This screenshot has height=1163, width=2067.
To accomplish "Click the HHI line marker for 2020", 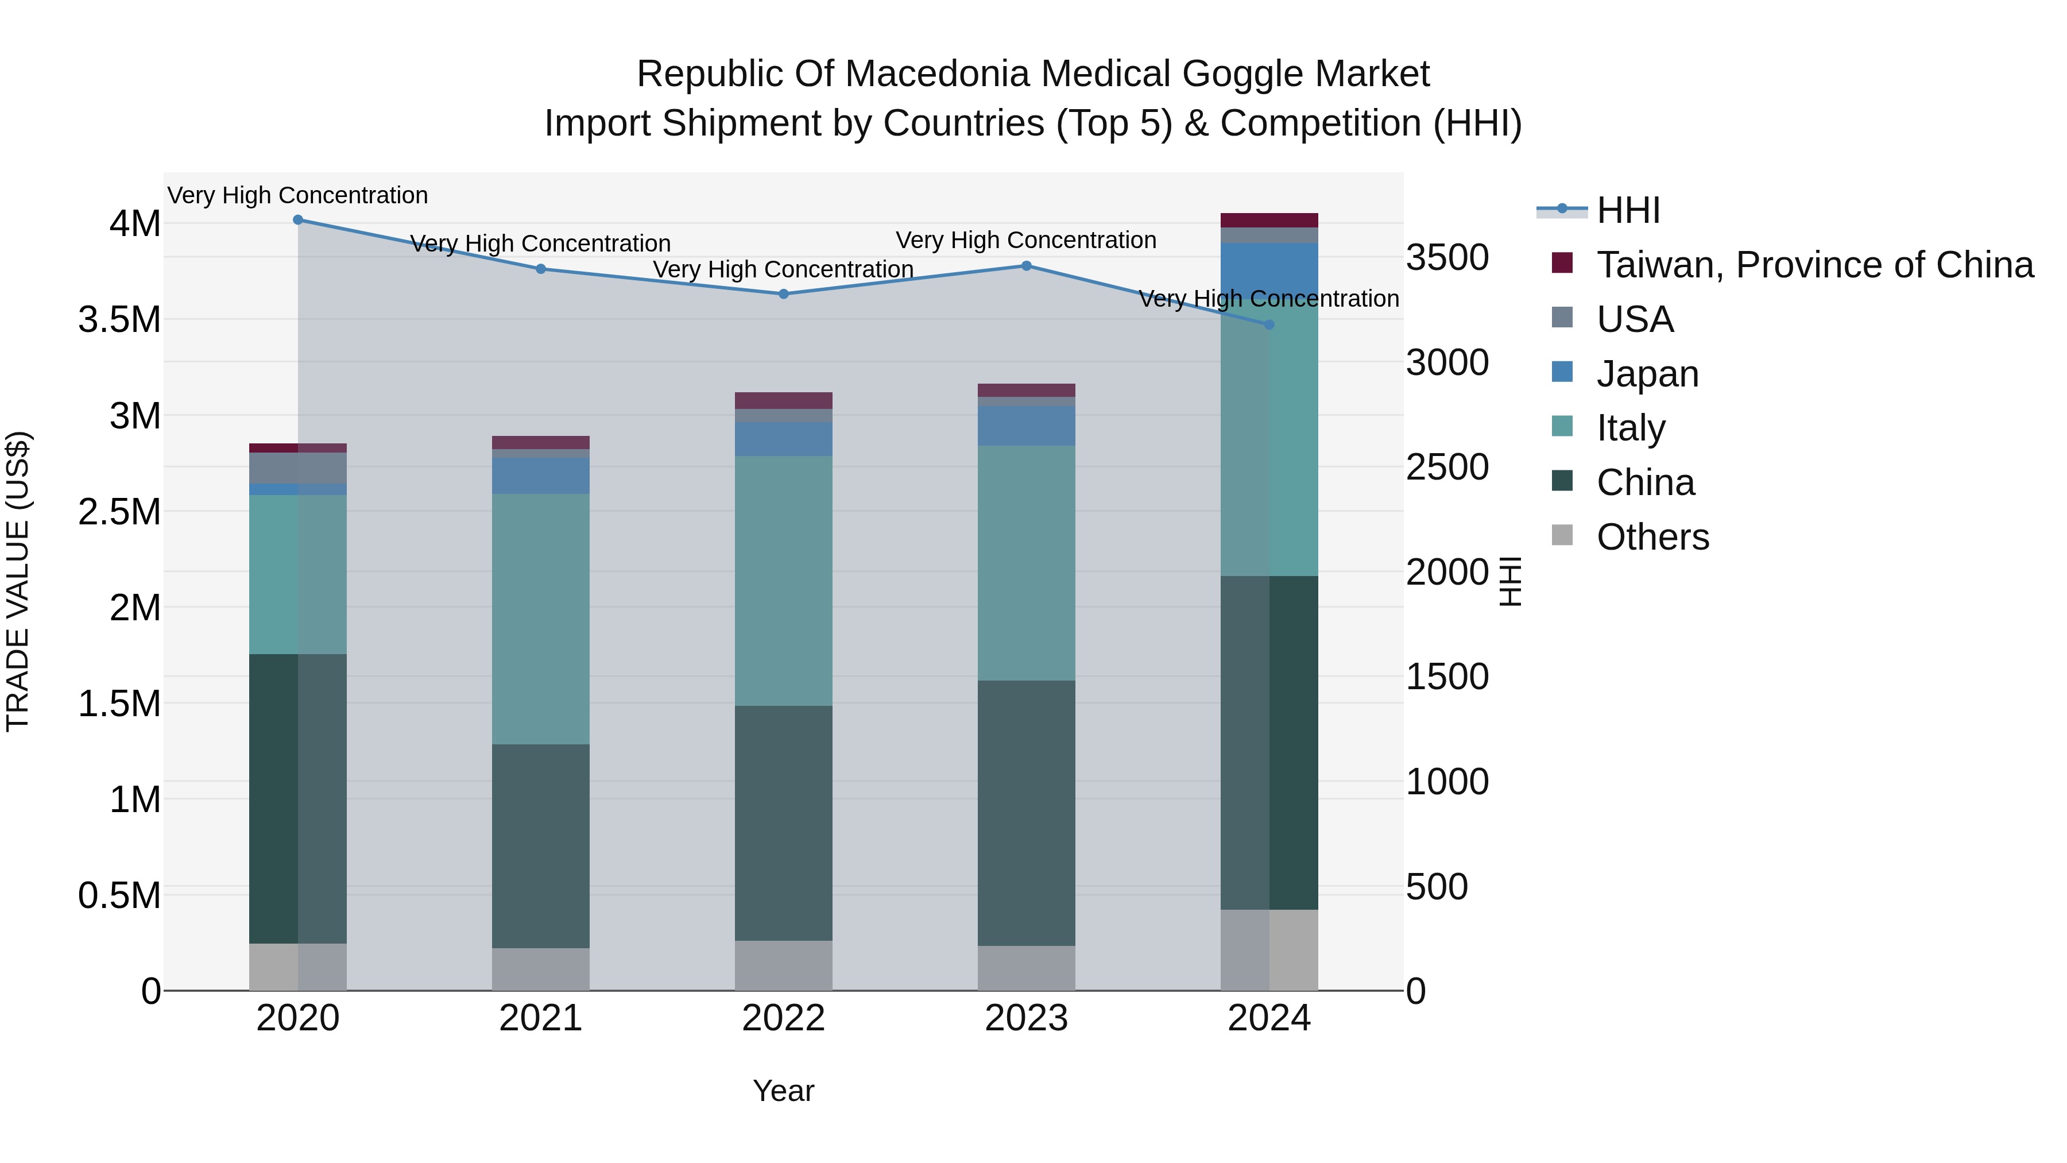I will point(297,220).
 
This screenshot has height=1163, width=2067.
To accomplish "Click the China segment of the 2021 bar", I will point(541,846).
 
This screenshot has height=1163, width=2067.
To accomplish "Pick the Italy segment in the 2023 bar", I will point(1026,563).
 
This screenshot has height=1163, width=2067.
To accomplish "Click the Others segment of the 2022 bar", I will point(784,965).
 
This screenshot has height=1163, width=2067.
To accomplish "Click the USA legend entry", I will point(1635,319).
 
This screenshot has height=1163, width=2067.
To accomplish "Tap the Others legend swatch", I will point(1562,535).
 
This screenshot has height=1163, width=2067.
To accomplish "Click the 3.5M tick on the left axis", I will point(119,319).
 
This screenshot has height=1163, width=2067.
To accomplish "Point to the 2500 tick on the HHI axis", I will point(1447,467).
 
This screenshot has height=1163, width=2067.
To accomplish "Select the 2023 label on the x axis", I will point(1026,1018).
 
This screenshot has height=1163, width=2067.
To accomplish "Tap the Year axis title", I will point(783,1091).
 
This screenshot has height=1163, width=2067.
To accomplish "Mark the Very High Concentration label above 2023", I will point(1025,240).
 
